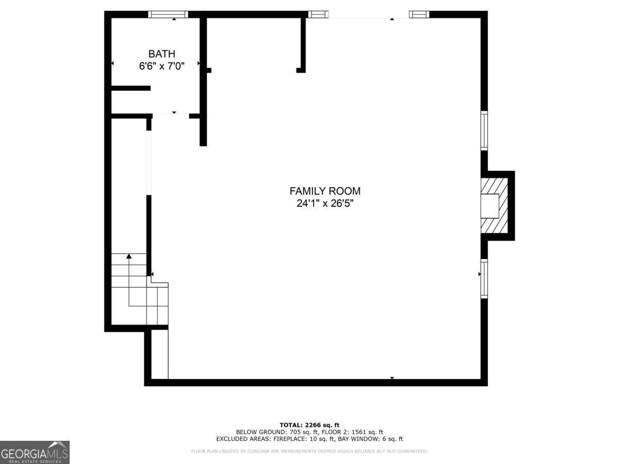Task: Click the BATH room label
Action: tap(161, 54)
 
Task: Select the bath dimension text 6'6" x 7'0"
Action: tap(161, 65)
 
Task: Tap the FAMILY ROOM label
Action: tap(325, 191)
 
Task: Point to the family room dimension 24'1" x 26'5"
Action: tap(325, 203)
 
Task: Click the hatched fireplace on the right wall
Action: tap(494, 206)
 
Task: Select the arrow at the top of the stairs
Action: tap(129, 256)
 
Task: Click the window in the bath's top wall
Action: tap(168, 14)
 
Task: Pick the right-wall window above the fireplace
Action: tap(484, 130)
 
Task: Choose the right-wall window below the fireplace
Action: tap(484, 278)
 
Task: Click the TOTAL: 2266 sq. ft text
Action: tap(309, 424)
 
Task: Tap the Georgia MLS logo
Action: tap(35, 452)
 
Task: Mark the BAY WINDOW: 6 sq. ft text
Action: tap(370, 439)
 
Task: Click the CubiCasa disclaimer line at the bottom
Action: tap(309, 452)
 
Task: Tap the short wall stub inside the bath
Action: tap(131, 88)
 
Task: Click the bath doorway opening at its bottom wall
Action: tap(171, 114)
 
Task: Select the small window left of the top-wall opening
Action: tap(318, 14)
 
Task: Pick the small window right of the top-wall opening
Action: tap(419, 14)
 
